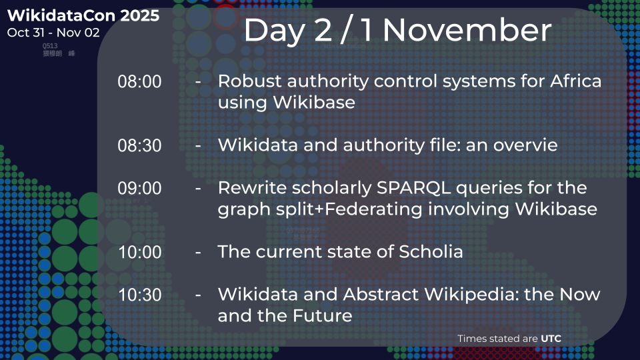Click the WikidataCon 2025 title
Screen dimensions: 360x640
point(83,16)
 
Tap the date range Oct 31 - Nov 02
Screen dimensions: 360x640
point(53,33)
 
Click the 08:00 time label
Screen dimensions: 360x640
point(139,82)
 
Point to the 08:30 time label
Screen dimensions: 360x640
point(139,145)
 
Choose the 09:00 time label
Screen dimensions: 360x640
point(139,189)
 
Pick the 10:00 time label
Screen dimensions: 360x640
point(139,253)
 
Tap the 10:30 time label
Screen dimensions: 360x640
point(139,295)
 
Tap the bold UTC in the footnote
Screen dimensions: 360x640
point(551,339)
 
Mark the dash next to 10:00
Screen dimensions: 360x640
point(199,253)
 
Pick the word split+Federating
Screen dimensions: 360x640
point(344,209)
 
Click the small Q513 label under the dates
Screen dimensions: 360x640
point(49,45)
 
